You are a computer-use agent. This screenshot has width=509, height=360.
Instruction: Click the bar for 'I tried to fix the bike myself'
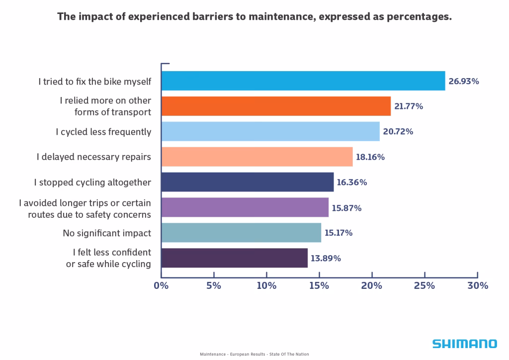pos(303,81)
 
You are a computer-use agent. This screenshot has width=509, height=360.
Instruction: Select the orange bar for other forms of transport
pos(276,106)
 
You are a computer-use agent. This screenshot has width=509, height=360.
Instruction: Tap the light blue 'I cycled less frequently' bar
pos(270,132)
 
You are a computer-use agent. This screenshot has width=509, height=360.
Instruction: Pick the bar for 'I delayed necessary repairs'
pos(257,157)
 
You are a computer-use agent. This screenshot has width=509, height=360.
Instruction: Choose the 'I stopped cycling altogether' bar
pos(248,182)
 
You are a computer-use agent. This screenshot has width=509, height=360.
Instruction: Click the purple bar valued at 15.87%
pos(245,207)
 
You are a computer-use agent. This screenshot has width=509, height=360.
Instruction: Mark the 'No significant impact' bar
pos(241,233)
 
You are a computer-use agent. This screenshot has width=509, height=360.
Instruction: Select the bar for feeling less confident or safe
pos(235,258)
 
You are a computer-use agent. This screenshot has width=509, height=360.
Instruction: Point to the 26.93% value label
pos(464,81)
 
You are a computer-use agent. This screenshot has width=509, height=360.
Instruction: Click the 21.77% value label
pos(409,106)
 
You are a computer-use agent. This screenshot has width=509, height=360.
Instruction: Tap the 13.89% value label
pos(326,258)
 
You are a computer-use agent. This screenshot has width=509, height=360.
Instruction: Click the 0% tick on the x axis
pos(161,286)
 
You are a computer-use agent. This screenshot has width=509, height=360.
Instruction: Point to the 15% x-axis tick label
pos(319,286)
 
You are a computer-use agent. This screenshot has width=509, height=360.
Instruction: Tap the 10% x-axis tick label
pos(266,286)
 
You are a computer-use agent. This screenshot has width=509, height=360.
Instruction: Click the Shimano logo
pos(464,344)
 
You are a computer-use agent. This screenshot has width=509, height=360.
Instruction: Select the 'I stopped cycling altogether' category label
pos(92,182)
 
